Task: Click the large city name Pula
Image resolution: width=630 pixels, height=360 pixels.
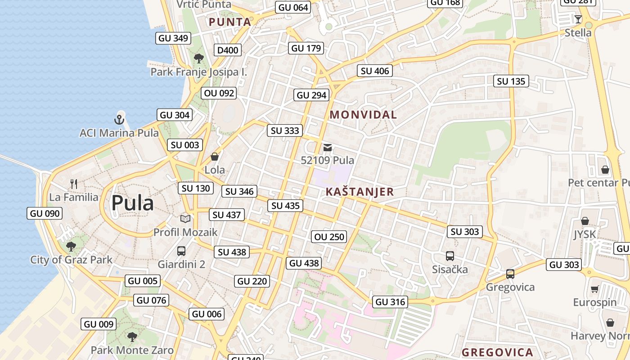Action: point(132,203)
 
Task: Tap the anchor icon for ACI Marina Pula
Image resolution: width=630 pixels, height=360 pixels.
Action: point(119,120)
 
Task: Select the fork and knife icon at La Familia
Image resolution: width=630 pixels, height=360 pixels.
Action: point(74,184)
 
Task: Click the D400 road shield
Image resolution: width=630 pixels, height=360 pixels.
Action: point(227,50)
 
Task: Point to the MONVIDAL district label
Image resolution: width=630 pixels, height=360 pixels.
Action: point(363,115)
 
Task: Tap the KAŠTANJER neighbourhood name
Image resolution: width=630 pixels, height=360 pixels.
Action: point(360,192)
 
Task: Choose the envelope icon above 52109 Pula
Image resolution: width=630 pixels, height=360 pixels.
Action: point(328,147)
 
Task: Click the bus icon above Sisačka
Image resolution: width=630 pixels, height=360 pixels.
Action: point(450,256)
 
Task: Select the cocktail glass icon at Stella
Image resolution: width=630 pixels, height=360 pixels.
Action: point(578,19)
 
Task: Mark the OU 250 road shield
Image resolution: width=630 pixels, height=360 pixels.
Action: point(329,237)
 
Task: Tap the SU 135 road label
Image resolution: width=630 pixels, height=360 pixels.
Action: point(511,81)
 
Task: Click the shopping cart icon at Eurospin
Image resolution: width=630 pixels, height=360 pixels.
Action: point(594,289)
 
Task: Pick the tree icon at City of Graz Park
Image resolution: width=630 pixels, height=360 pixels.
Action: point(71,246)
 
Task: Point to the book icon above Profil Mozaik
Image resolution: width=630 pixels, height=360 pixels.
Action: point(185,219)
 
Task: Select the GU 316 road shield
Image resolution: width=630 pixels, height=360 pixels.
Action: point(390,302)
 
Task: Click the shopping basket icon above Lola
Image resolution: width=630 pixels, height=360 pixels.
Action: point(215,157)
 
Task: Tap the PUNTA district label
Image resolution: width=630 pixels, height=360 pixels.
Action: point(230,22)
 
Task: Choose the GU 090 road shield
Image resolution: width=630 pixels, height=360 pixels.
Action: point(45,213)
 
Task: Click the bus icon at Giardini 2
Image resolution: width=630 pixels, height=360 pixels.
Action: point(181,251)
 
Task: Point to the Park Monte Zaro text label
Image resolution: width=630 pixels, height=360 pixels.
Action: point(132,350)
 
